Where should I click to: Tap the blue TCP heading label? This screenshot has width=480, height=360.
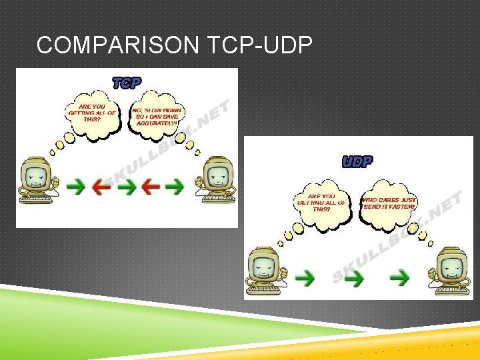coord(127,83)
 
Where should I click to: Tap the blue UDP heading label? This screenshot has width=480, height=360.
coord(357,161)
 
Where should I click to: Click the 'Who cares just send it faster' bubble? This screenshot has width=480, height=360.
coord(389,203)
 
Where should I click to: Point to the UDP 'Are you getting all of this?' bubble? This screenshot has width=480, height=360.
coord(321,203)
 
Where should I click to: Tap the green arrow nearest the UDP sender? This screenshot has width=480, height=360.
coord(307,275)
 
